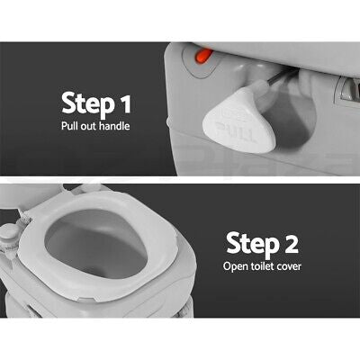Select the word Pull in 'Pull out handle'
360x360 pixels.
pos(71,127)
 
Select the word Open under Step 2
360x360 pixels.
pos(236,267)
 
